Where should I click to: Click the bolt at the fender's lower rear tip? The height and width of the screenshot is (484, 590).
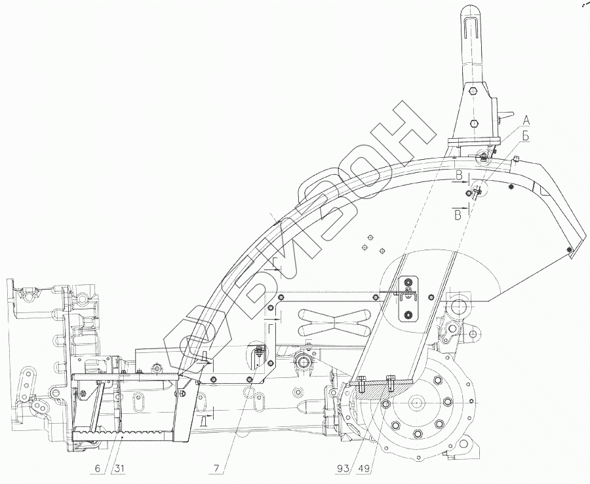coord(570,249)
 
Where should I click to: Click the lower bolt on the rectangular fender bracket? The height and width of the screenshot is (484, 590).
coord(409,316)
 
